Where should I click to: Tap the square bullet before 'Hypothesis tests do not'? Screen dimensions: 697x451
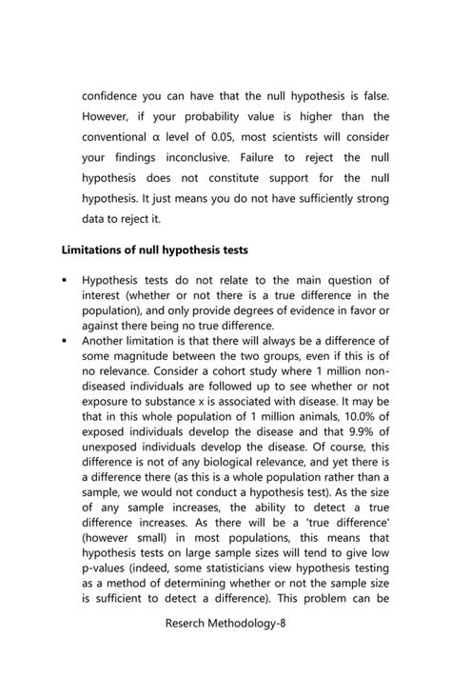pyautogui.click(x=63, y=280)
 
